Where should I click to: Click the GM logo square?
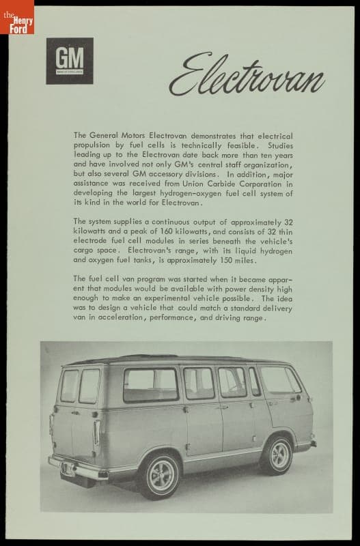(x=70, y=61)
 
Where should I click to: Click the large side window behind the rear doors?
(x=150, y=386)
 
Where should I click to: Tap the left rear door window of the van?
(x=69, y=386)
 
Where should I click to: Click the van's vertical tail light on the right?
(x=96, y=432)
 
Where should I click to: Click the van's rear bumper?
(x=81, y=470)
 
